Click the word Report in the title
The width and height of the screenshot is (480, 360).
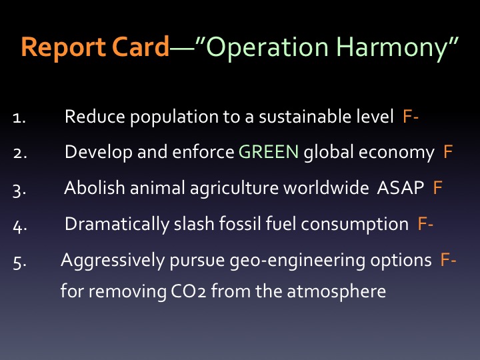(63, 47)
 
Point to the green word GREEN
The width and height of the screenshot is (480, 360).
(269, 151)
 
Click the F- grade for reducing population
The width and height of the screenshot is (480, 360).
(411, 116)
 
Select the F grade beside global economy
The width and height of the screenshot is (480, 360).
(448, 151)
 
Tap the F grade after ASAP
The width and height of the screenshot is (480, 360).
(438, 187)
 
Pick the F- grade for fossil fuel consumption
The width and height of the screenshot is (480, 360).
(425, 223)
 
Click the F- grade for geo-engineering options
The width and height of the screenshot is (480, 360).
(448, 259)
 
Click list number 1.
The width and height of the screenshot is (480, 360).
(19, 118)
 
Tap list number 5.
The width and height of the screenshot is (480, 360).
(19, 263)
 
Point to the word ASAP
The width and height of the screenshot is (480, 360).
(401, 187)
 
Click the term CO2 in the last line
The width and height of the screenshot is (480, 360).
(188, 291)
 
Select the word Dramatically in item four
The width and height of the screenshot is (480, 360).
(117, 225)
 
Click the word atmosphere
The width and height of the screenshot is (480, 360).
(337, 291)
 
